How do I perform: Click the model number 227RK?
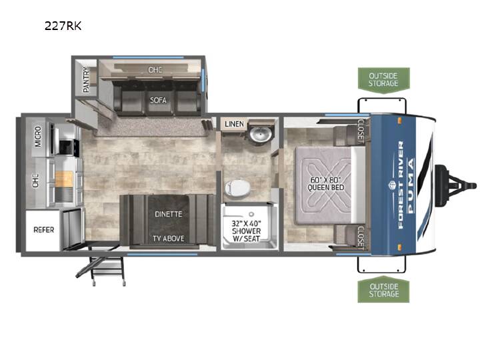[x=63, y=26]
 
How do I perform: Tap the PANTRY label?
[x=87, y=79]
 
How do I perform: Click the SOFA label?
[x=158, y=100]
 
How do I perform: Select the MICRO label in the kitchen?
[x=38, y=136]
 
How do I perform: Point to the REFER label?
[x=44, y=229]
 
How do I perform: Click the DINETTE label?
[x=169, y=214]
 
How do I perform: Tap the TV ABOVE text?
[x=169, y=239]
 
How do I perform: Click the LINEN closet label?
[x=234, y=124]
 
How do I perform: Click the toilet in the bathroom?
[x=237, y=187]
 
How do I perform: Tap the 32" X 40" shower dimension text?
[x=246, y=223]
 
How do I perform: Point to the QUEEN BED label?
[x=326, y=187]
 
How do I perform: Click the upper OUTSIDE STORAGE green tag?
[x=383, y=79]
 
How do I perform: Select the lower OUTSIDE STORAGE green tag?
[x=383, y=290]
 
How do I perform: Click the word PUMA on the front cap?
[x=411, y=185]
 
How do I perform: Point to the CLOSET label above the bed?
[x=360, y=131]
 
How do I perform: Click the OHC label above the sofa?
[x=155, y=70]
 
